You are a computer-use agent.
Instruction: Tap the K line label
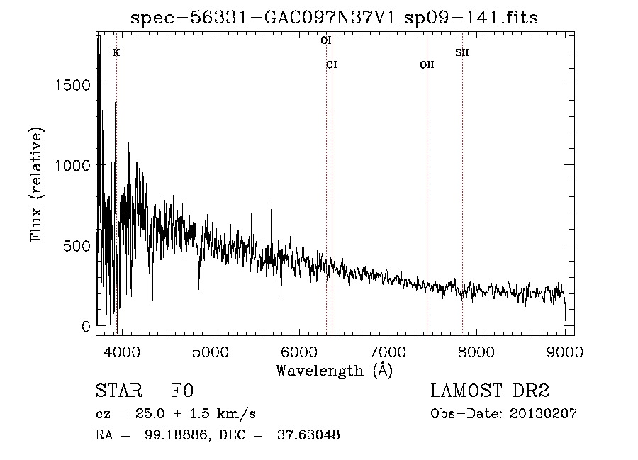116,52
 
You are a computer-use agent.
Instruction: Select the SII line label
462,52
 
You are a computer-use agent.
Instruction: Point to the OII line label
427,65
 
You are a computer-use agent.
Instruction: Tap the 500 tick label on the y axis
79,246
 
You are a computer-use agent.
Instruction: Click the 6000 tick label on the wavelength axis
299,351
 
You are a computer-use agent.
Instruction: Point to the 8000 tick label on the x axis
476,351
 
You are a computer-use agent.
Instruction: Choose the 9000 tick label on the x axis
565,351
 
